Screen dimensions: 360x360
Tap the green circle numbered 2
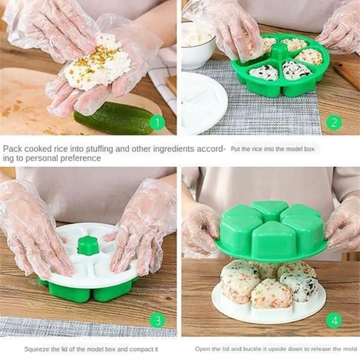tap(333, 122)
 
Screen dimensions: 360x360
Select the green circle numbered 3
tap(157, 320)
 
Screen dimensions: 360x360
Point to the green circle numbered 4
tap(333, 320)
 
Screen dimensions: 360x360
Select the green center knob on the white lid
tap(88, 246)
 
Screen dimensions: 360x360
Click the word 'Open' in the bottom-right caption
tap(202, 349)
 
